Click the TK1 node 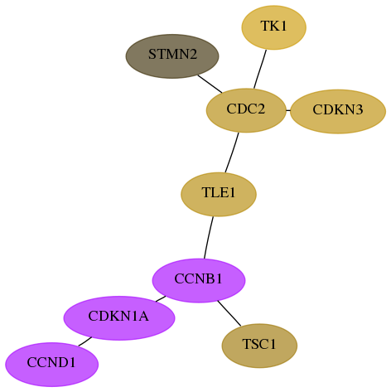point(274,27)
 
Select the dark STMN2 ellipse point(172,56)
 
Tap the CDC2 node point(246,110)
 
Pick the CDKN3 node point(338,111)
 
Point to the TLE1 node point(219,195)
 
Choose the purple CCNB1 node point(199,280)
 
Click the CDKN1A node point(119,318)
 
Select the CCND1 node point(52,365)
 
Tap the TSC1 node point(259,346)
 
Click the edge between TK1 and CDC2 point(260,70)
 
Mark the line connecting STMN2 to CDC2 point(210,84)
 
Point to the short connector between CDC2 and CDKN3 point(288,111)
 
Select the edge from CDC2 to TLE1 point(232,152)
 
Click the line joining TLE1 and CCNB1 point(208,238)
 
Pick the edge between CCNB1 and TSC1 point(229,313)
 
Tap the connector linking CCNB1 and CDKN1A point(161,299)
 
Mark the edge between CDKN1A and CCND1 point(85,341)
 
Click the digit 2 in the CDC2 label point(260,109)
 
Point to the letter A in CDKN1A point(143,316)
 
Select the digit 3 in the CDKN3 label point(358,109)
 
